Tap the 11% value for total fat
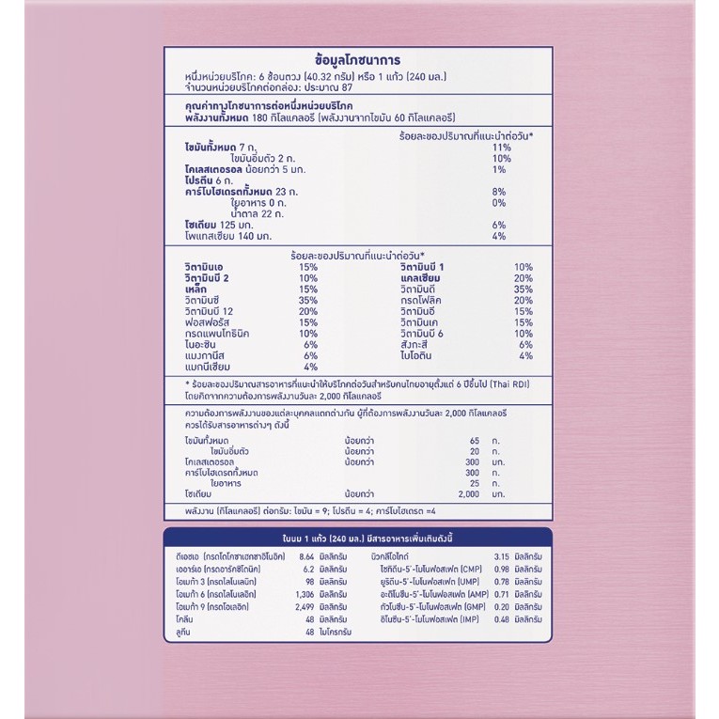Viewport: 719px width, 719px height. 500,148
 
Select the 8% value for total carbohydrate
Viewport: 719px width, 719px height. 498,192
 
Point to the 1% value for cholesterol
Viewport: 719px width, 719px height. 498,169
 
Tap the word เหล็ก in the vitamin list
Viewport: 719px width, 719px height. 200,290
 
